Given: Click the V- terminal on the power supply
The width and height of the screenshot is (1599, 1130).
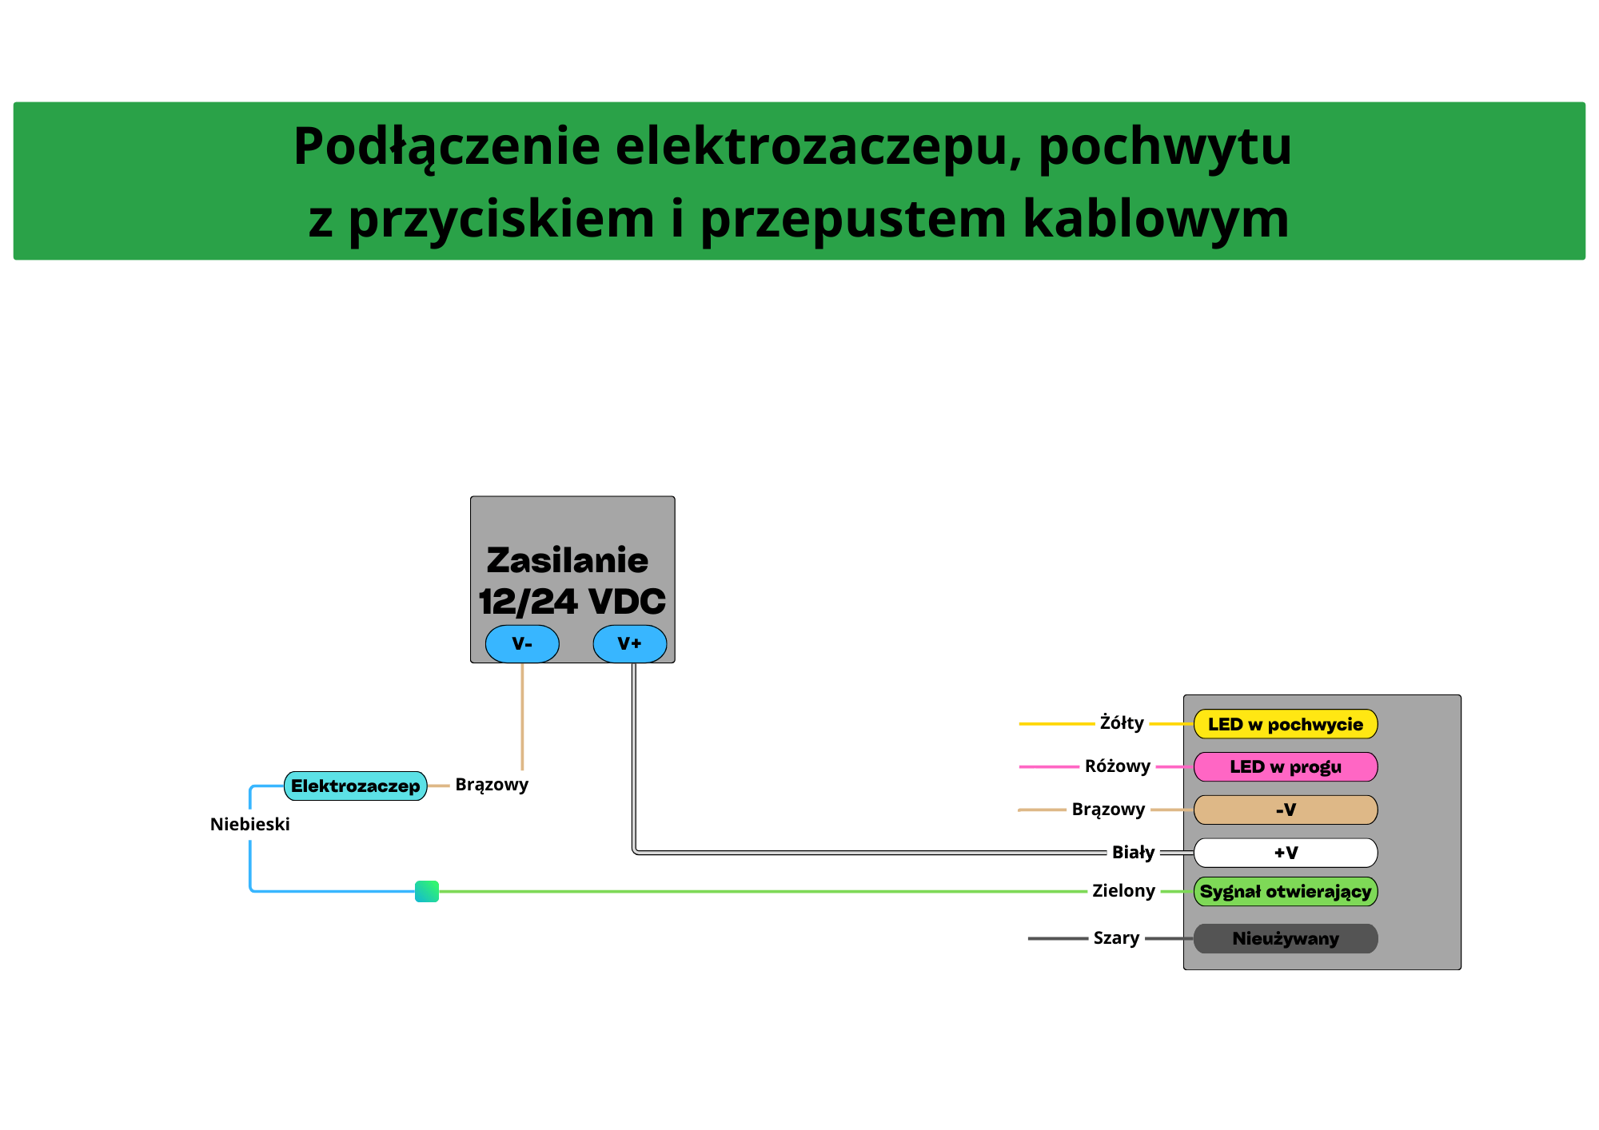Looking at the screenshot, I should pyautogui.click(x=522, y=644).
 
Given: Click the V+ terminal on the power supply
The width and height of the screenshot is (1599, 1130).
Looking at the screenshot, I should pyautogui.click(x=630, y=644).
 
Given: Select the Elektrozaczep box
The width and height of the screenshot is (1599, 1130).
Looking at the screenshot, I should pyautogui.click(x=355, y=786).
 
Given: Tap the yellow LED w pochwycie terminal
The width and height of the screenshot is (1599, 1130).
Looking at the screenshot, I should pyautogui.click(x=1286, y=725).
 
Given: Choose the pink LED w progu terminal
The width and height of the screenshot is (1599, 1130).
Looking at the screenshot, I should pyautogui.click(x=1286, y=767).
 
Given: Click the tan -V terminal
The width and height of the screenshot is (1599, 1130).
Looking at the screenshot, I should pyautogui.click(x=1286, y=810).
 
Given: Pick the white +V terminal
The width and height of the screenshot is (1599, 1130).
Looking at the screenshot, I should pyautogui.click(x=1286, y=853).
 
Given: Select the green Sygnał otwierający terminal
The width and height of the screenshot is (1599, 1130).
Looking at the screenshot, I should pyautogui.click(x=1286, y=892).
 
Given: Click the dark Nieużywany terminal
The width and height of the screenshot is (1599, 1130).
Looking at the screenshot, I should pyautogui.click(x=1286, y=939).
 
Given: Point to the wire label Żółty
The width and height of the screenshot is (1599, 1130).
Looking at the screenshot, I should pyautogui.click(x=1122, y=723).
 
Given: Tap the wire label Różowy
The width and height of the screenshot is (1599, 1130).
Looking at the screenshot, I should pyautogui.click(x=1118, y=766).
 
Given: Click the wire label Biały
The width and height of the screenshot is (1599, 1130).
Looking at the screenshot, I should pyautogui.click(x=1133, y=853).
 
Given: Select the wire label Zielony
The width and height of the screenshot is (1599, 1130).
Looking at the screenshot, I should pyautogui.click(x=1123, y=891).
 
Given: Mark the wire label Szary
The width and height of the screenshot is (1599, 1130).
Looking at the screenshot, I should pyautogui.click(x=1116, y=938).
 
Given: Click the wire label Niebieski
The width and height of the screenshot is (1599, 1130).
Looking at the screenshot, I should pyautogui.click(x=249, y=825).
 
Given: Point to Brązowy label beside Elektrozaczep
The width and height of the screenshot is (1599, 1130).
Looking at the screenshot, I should pyautogui.click(x=492, y=785).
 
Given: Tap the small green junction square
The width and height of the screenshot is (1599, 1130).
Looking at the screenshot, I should pyautogui.click(x=427, y=892).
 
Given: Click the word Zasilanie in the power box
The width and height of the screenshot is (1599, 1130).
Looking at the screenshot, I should pyautogui.click(x=568, y=561).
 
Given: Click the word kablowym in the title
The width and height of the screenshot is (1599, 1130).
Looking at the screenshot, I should pyautogui.click(x=1156, y=219).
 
